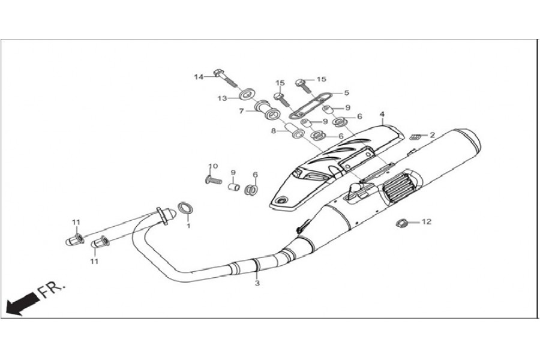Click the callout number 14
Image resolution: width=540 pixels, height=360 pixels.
coord(199,77)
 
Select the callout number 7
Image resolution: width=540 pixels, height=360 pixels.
coord(241,111)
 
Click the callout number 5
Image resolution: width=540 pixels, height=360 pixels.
coord(346,93)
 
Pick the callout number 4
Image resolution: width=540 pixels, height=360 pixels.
coord(382,113)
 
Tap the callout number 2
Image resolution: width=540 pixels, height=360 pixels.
coord(431,135)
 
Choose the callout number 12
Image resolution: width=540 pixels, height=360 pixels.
coord(427,222)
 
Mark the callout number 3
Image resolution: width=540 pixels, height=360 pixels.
coord(257,283)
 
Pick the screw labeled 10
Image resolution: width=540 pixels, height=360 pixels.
coord(213,179)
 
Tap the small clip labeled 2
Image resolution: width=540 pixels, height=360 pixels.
coord(414,137)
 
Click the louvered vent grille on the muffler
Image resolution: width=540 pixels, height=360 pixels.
coord(400,191)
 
